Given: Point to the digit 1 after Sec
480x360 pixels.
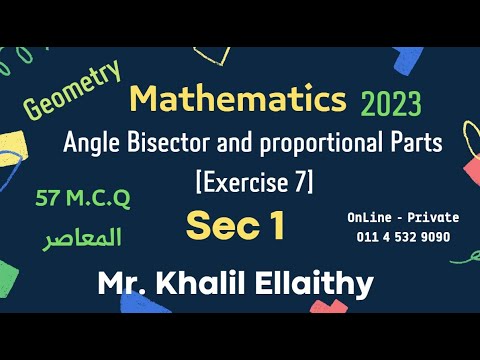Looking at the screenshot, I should pos(274,225).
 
